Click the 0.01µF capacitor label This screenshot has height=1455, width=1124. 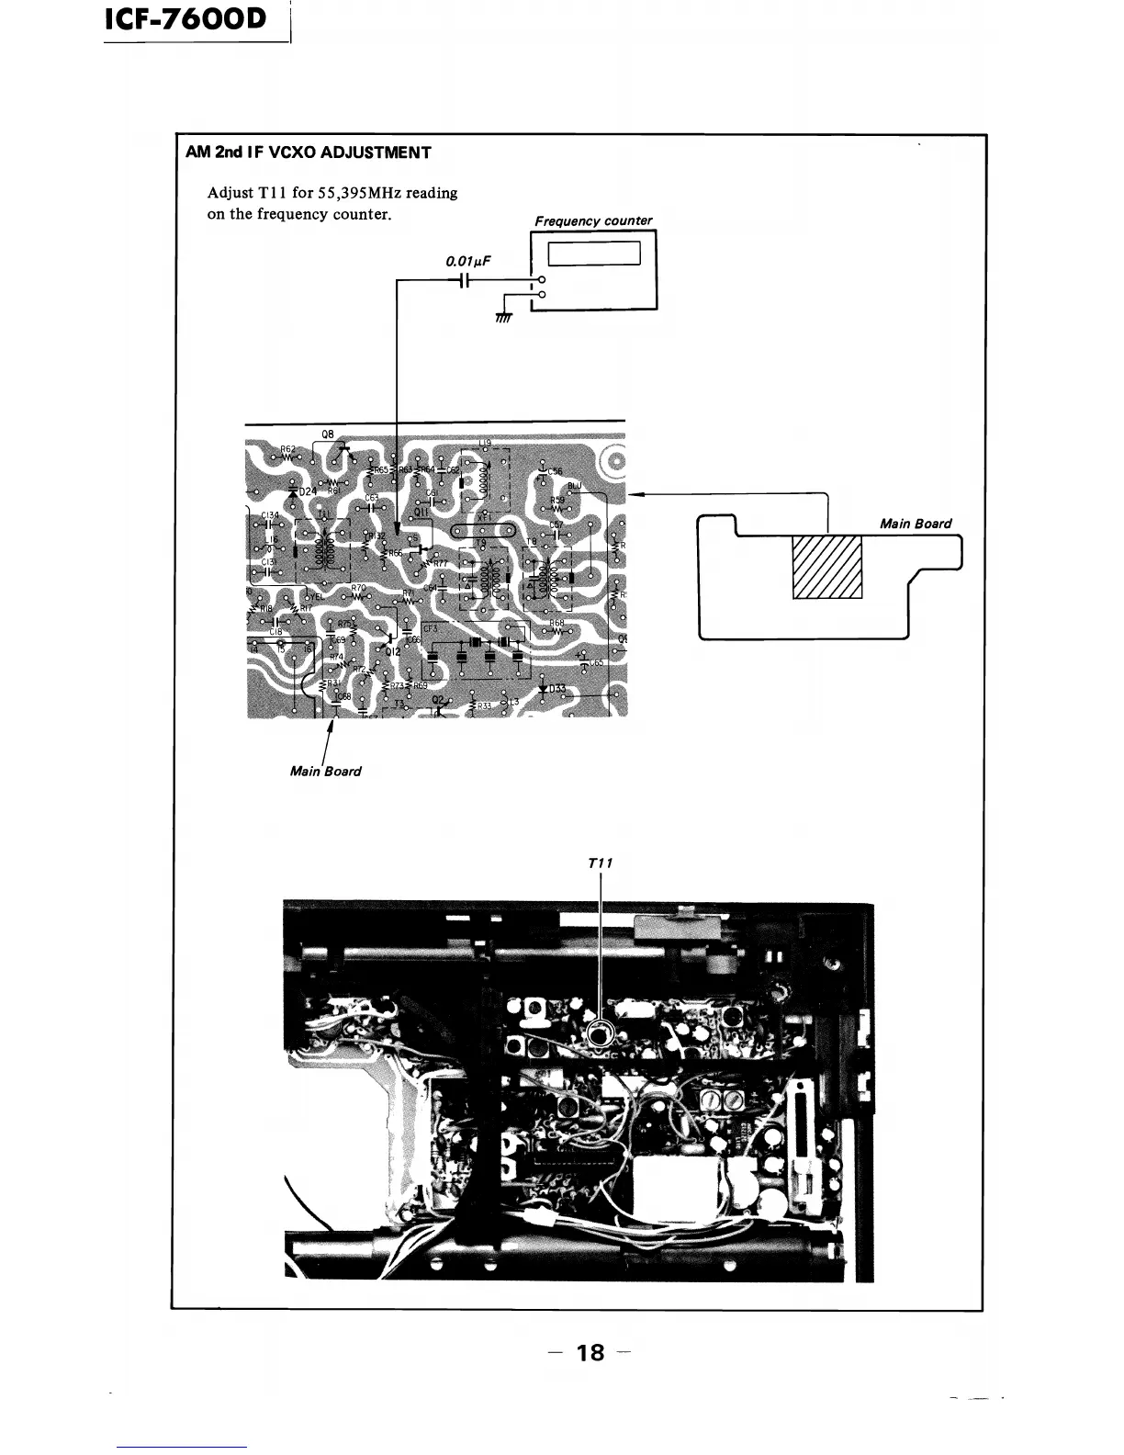point(468,262)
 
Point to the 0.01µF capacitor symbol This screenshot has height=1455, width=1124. point(466,280)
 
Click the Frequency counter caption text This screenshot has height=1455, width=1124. point(593,220)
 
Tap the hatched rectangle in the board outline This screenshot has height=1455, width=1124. point(827,566)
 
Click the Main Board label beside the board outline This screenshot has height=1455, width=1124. point(916,524)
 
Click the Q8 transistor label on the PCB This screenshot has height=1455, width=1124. point(328,434)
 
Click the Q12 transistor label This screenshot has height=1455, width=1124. point(393,650)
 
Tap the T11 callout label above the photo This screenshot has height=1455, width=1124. point(600,863)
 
